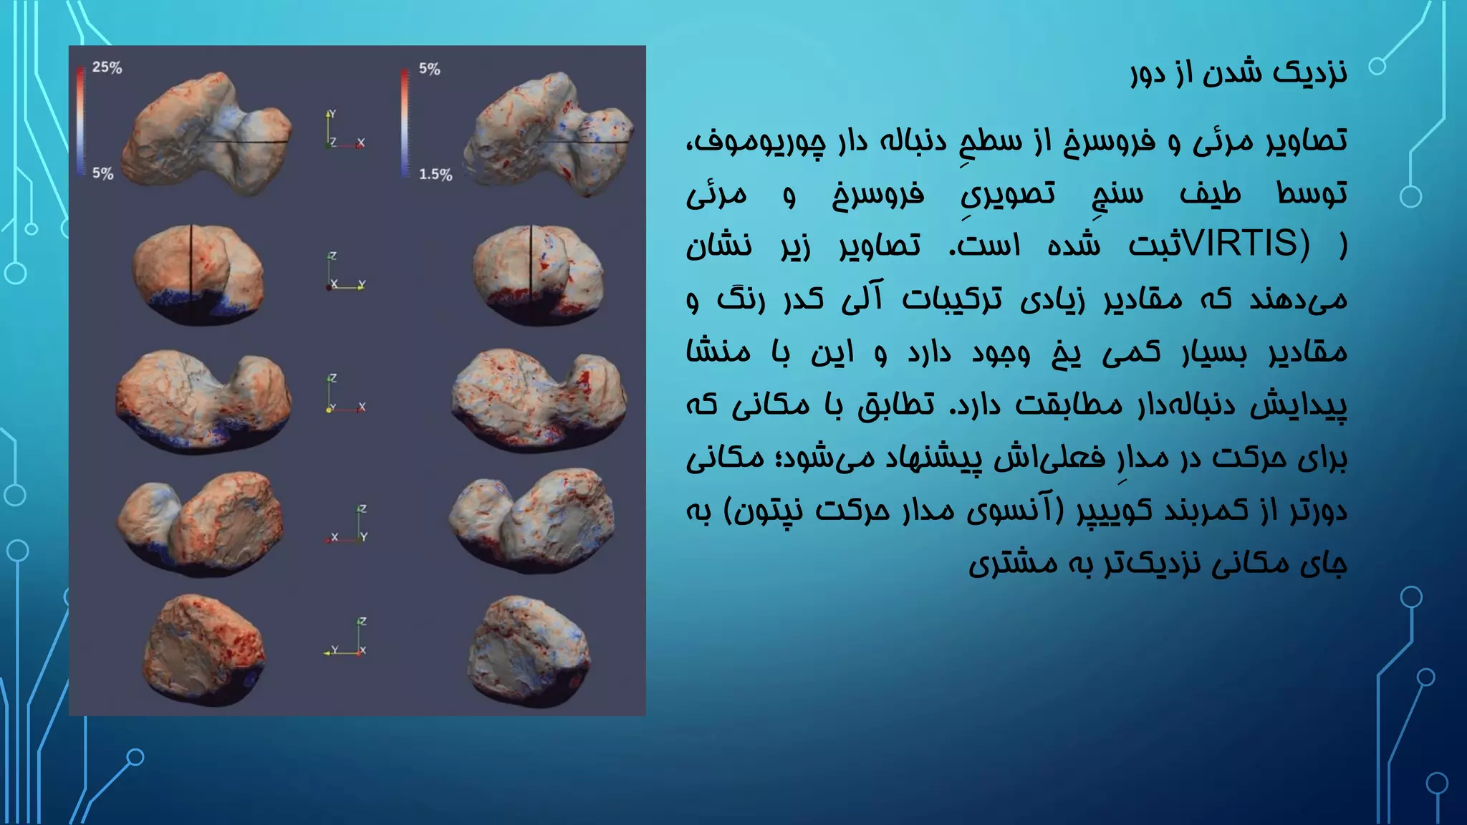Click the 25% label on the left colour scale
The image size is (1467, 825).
[x=107, y=67]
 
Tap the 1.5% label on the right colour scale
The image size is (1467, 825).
[x=436, y=174]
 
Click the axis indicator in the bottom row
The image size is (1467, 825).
[x=345, y=637]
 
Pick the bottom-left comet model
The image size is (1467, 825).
[x=203, y=650]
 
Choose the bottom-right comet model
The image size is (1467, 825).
[x=529, y=651]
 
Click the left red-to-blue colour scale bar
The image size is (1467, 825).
[x=80, y=120]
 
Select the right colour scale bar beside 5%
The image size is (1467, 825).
[x=405, y=122]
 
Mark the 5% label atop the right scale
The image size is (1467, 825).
[x=429, y=69]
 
